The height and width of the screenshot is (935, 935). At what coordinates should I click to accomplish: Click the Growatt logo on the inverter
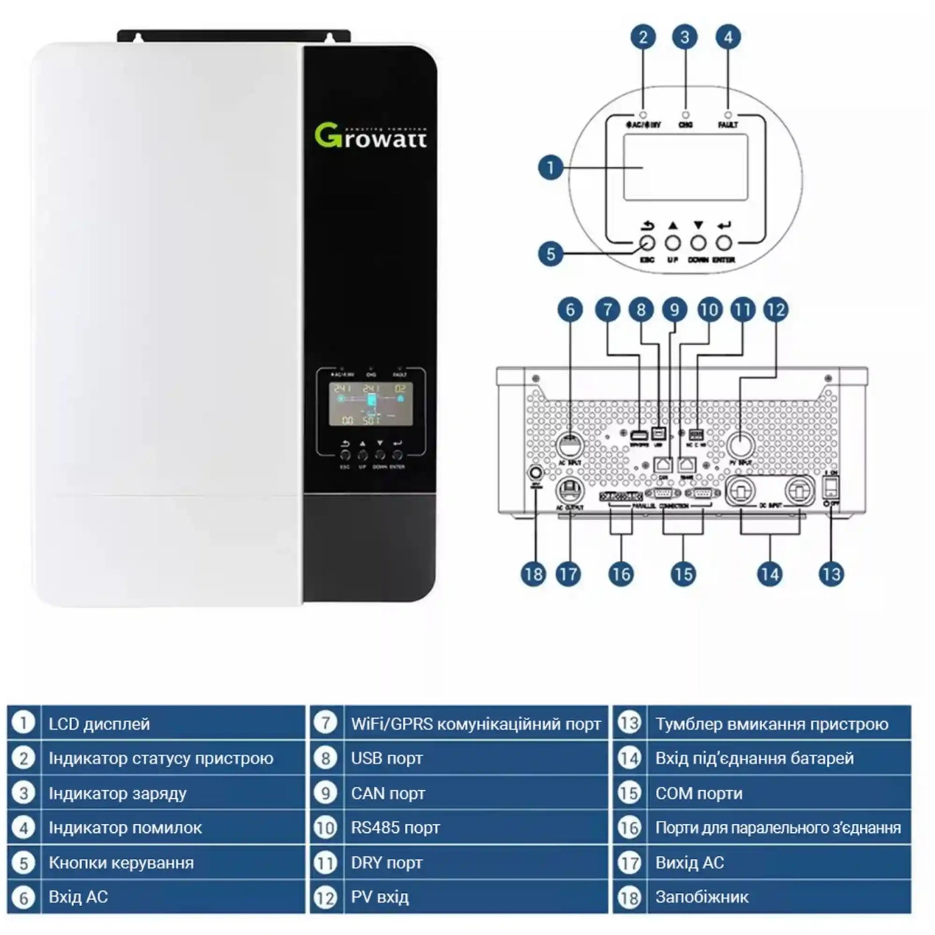click(x=371, y=136)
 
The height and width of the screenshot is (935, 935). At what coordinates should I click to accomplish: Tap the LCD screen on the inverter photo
click(x=371, y=404)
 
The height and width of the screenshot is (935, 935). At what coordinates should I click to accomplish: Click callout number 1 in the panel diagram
click(x=550, y=167)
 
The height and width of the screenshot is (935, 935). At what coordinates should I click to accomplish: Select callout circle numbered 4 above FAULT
click(x=727, y=37)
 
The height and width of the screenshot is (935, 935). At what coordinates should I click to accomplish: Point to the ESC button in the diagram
click(x=647, y=243)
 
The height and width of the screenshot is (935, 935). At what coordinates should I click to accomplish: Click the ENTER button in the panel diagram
click(x=724, y=243)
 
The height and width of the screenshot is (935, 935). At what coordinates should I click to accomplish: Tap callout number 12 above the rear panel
click(x=775, y=310)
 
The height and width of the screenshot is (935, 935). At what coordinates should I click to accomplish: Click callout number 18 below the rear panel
click(x=533, y=574)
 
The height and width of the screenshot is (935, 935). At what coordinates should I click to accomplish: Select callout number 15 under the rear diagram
click(x=683, y=574)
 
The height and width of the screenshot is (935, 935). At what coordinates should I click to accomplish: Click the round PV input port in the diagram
click(x=740, y=444)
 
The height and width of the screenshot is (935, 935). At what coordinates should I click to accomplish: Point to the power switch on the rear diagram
click(x=831, y=486)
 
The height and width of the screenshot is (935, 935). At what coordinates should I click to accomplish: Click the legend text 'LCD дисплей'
click(x=99, y=724)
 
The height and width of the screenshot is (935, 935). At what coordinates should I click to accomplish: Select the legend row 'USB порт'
click(x=387, y=759)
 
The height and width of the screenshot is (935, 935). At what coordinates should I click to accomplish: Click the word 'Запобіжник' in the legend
click(x=701, y=897)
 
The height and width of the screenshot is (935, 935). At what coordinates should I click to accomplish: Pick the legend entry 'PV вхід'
click(x=379, y=897)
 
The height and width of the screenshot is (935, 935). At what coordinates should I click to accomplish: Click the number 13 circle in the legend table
click(x=629, y=723)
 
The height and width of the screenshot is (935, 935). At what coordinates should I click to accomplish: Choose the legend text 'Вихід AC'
click(x=689, y=863)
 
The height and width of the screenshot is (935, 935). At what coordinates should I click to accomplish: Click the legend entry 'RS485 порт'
click(x=395, y=828)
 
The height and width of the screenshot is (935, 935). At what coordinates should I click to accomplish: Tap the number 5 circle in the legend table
click(x=24, y=863)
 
